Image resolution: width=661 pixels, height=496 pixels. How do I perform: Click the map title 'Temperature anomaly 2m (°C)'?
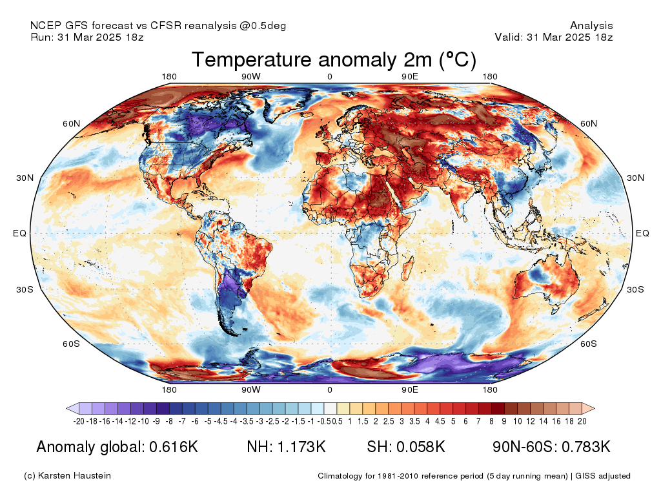tap(334, 60)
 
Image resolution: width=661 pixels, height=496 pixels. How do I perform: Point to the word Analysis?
tap(591, 26)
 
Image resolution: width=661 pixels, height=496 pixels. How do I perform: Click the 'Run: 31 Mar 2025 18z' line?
tap(87, 37)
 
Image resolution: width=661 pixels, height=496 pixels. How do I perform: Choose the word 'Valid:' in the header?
tap(508, 37)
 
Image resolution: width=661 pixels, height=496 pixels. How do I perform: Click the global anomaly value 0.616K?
tap(172, 447)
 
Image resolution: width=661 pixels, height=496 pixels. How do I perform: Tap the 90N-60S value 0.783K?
tap(585, 447)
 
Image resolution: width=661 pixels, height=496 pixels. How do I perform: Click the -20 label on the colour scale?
tap(79, 421)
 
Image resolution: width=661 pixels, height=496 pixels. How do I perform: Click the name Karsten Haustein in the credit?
tap(77, 476)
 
